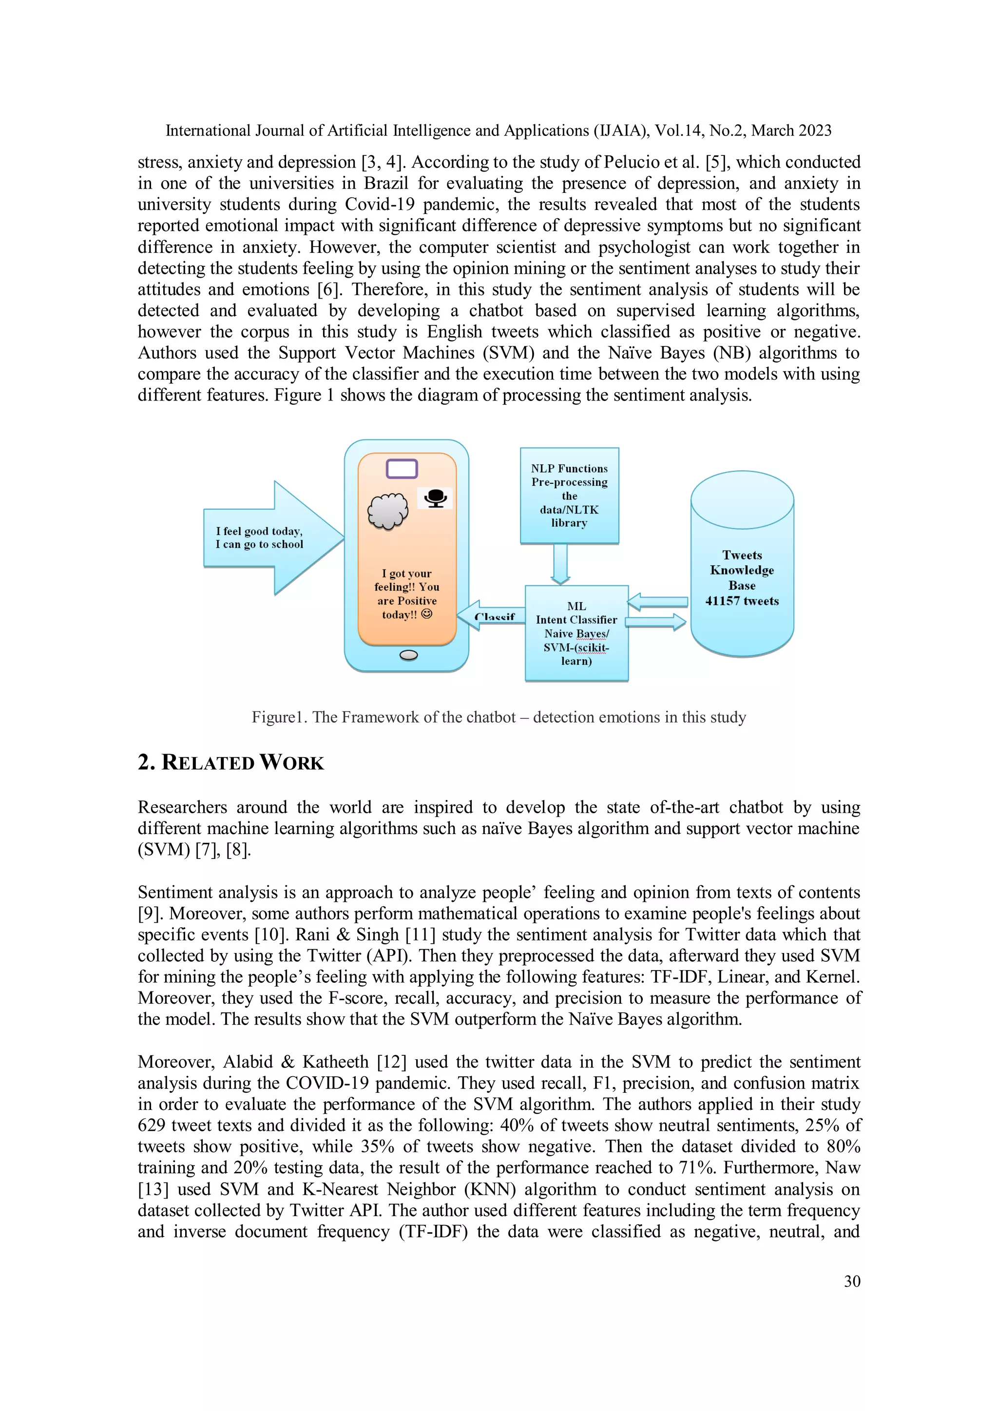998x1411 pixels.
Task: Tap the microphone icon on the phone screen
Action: (x=435, y=498)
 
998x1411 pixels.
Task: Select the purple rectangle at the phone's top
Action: (x=402, y=469)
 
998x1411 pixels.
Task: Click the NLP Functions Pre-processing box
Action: (x=569, y=496)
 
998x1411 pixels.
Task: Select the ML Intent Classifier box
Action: (x=576, y=633)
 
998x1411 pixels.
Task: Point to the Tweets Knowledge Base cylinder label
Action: (x=742, y=578)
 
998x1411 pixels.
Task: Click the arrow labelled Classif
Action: (x=492, y=616)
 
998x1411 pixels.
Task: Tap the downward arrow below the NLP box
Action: (x=560, y=564)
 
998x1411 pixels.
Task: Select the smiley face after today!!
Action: (x=426, y=614)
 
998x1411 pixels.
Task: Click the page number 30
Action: (x=852, y=1281)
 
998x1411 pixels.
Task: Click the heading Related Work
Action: (x=230, y=762)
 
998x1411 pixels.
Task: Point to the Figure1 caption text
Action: (x=499, y=717)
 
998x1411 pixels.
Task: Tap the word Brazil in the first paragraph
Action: (x=386, y=184)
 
